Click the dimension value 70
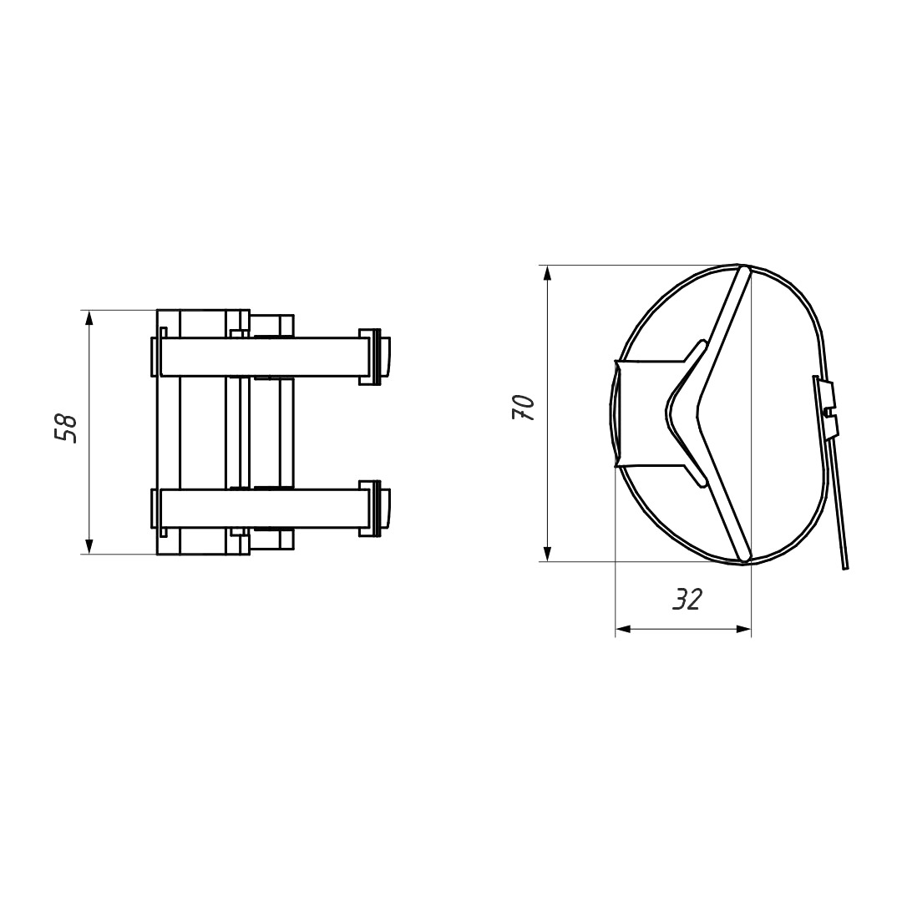(x=524, y=408)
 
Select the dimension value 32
(x=687, y=600)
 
